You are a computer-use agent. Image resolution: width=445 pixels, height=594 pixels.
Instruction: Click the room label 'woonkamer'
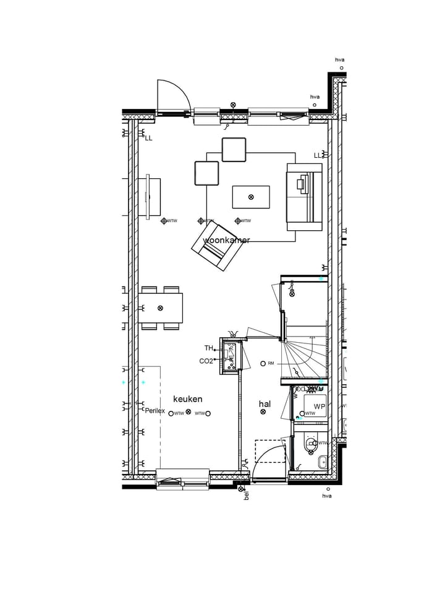[226, 240]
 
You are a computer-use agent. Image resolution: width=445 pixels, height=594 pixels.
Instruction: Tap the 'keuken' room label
[188, 399]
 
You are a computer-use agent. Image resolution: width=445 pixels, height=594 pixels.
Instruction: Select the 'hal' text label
[265, 403]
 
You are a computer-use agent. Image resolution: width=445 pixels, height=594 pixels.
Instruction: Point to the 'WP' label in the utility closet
[319, 407]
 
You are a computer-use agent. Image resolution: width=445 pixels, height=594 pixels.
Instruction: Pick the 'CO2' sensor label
[206, 361]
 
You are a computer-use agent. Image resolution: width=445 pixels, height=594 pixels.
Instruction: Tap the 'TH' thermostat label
[208, 348]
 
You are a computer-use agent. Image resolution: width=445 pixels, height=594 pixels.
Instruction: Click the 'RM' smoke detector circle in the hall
[263, 363]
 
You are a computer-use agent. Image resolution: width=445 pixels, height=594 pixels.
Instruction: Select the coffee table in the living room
[251, 197]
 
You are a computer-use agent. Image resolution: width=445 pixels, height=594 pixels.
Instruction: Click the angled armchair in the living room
[216, 247]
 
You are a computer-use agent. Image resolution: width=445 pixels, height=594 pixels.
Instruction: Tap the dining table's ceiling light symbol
[161, 308]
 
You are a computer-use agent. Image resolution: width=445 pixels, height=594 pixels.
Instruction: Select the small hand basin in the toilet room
[322, 462]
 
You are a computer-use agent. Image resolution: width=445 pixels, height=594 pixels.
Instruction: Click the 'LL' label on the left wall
[148, 138]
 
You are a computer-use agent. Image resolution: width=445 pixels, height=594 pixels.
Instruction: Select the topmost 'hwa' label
[340, 60]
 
